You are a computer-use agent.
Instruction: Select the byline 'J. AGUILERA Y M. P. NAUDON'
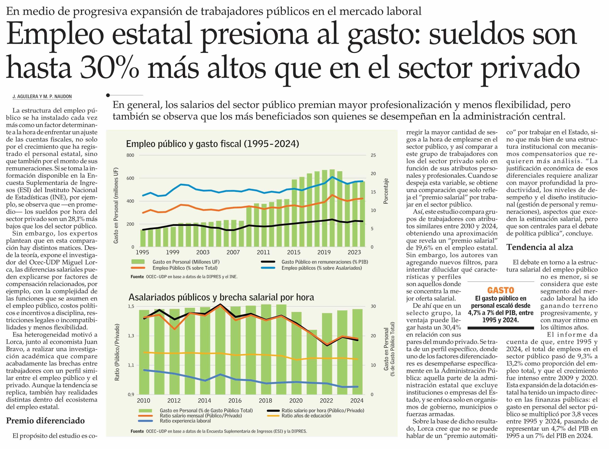pyautogui.click(x=42, y=96)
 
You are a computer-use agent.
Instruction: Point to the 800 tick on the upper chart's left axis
pyautogui.click(x=130, y=155)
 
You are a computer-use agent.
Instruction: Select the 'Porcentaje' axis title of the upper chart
pyautogui.click(x=386, y=191)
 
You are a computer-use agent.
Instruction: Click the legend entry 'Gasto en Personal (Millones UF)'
pyautogui.click(x=186, y=262)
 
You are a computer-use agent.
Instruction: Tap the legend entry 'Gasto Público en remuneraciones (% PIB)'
pyautogui.click(x=325, y=262)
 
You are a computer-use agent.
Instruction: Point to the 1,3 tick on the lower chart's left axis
pyautogui.click(x=131, y=336)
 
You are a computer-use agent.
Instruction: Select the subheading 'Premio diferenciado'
pyautogui.click(x=45, y=421)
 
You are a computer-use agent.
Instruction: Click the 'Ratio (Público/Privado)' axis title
pyautogui.click(x=117, y=352)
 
